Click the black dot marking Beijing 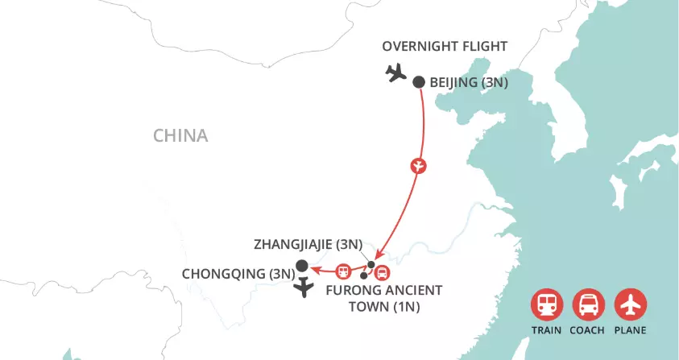coord(419,81)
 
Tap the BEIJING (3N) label coord(470,82)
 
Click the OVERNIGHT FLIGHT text coord(444,46)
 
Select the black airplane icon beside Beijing coord(395,73)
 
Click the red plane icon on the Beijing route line coord(418,166)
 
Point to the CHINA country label coord(180,135)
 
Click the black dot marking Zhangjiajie coord(371,264)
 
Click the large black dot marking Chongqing coord(301,266)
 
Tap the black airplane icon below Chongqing coord(304,288)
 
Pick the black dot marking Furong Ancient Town coord(364,276)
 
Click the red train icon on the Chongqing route coord(344,271)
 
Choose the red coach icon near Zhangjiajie coord(382,272)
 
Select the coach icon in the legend coord(587,305)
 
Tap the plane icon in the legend coord(630,305)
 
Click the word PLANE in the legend coord(630,330)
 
